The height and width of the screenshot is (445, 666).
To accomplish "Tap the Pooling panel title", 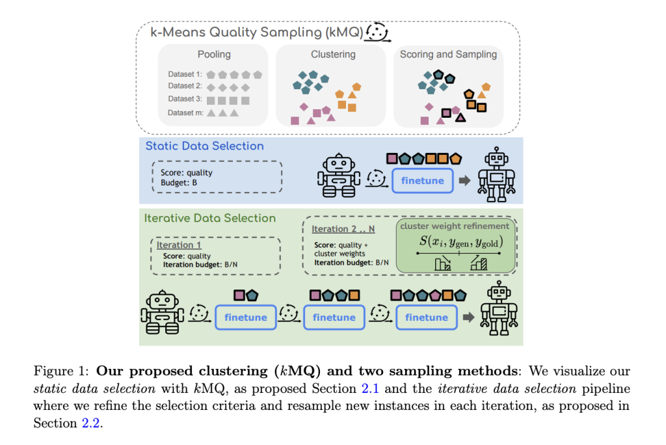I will click(x=214, y=55).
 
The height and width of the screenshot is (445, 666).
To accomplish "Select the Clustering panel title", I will click(x=332, y=55).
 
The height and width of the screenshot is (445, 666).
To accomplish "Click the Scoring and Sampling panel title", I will click(x=448, y=55).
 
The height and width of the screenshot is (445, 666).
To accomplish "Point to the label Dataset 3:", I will click(x=185, y=100).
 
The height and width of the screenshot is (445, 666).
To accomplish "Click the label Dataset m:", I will click(x=185, y=113).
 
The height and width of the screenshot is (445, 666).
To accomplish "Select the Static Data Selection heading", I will click(x=204, y=146).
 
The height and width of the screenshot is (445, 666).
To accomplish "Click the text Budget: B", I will click(x=179, y=183).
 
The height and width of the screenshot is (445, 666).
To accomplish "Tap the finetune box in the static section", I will click(x=422, y=180).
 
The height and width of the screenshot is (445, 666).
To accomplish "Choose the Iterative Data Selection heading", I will click(x=210, y=219).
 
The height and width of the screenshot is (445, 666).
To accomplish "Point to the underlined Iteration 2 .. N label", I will click(x=343, y=229).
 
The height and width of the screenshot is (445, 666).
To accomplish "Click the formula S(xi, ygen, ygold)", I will click(x=460, y=242).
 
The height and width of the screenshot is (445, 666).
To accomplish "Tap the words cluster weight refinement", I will click(x=455, y=226).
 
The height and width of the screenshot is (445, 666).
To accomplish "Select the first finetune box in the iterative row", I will click(x=246, y=317).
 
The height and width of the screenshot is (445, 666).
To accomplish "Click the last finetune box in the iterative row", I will click(x=426, y=317).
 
